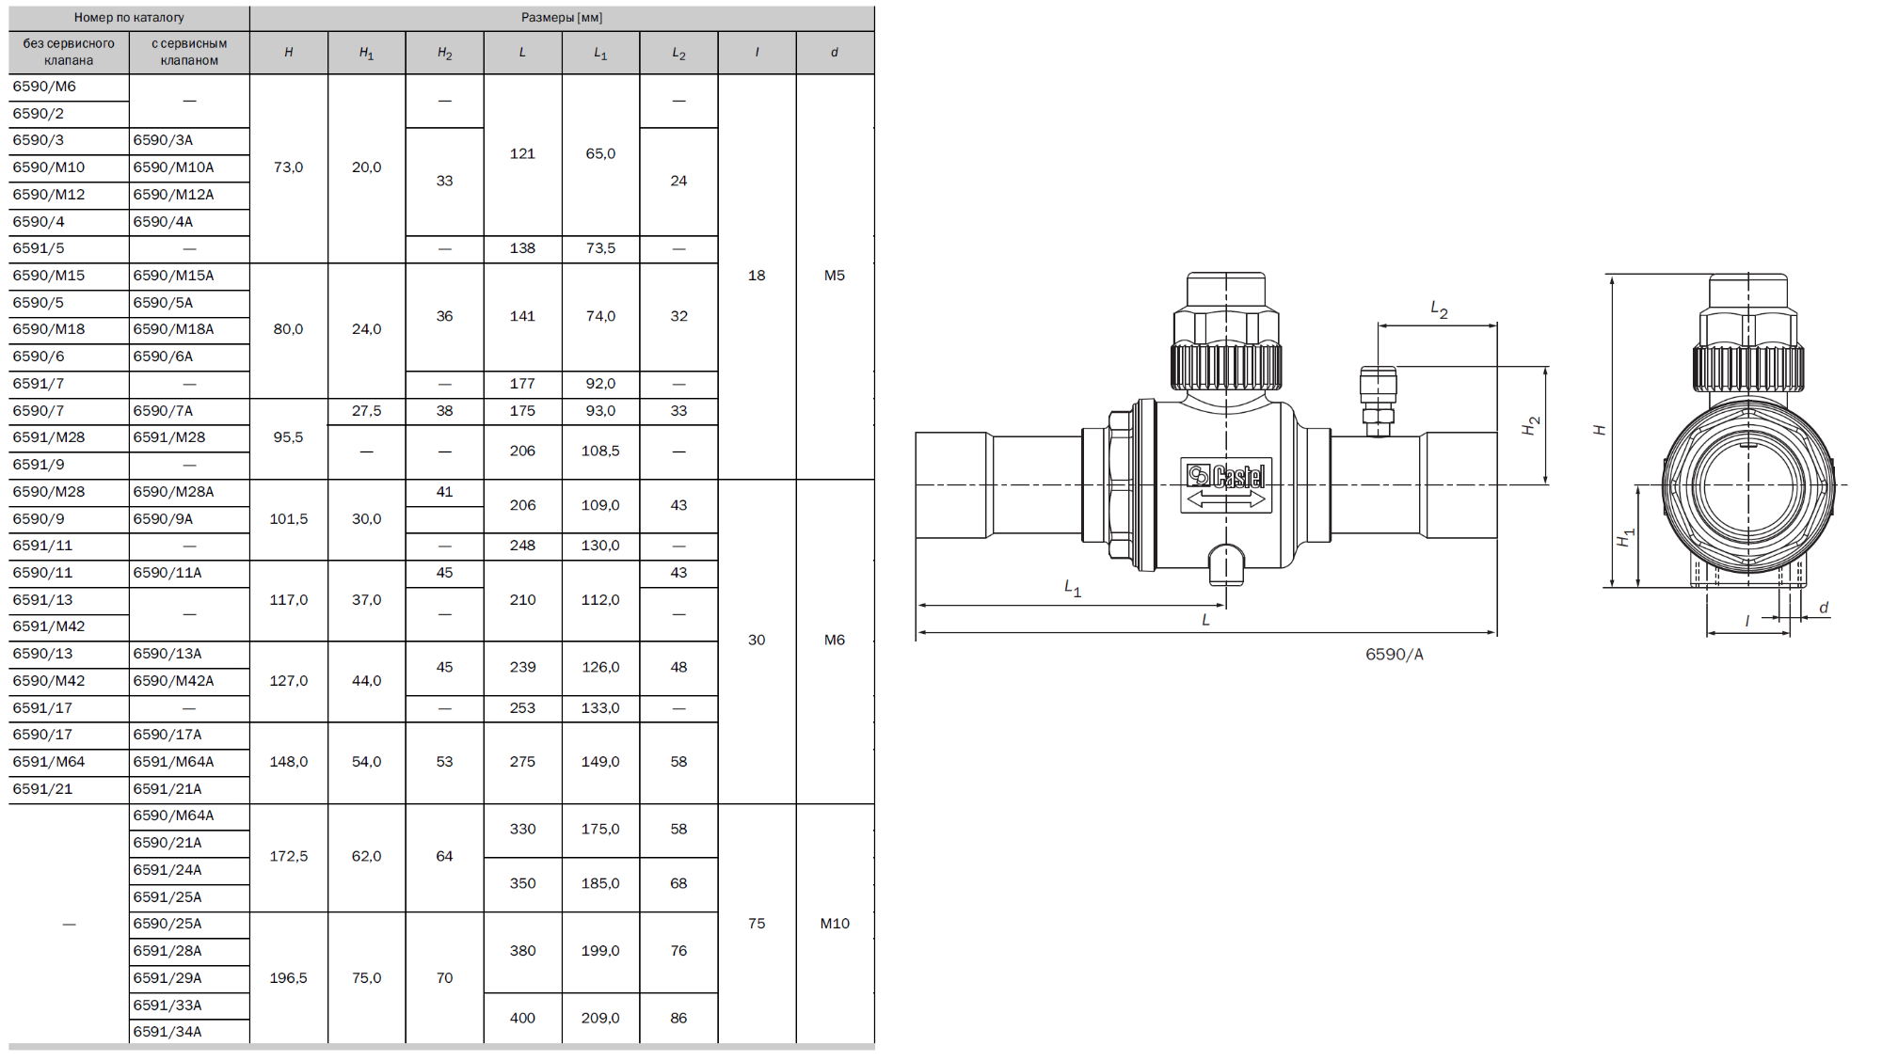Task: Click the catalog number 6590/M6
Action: (44, 87)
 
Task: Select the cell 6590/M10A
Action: (173, 167)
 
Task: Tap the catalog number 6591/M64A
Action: (173, 762)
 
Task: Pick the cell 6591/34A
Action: (167, 1032)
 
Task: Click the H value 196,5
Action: (288, 978)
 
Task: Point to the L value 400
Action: (522, 1018)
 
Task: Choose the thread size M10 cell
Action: (835, 924)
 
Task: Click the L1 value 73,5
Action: (600, 248)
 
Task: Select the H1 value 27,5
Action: (366, 411)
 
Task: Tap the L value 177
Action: (522, 384)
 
